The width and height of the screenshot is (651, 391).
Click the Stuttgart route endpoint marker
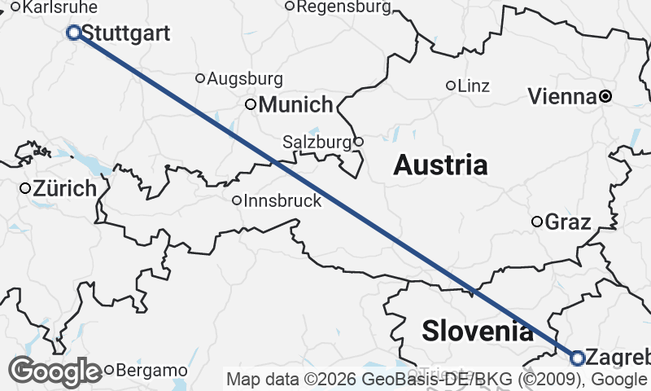coord(74,33)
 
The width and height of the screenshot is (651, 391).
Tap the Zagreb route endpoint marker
coord(577,358)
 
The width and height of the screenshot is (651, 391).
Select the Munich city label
coord(296,104)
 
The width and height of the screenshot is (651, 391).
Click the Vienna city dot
coord(605,96)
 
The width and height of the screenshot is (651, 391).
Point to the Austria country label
coord(440,165)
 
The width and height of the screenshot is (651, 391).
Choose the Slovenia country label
coord(478,331)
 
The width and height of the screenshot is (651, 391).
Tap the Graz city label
coord(568,222)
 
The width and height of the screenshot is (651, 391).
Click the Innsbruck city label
coord(282,200)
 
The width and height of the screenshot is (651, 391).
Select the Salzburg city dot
coord(358,142)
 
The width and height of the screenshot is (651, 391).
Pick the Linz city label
coord(474,86)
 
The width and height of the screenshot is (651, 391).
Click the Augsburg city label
coord(245,79)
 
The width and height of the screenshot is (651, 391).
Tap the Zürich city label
coord(65,189)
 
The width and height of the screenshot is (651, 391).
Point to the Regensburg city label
coord(344,7)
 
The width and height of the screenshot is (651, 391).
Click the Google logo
coord(55,371)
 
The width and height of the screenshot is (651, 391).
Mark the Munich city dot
coord(251,104)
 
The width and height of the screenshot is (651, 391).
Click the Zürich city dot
coord(25,188)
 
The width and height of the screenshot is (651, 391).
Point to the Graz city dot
coord(537,222)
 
